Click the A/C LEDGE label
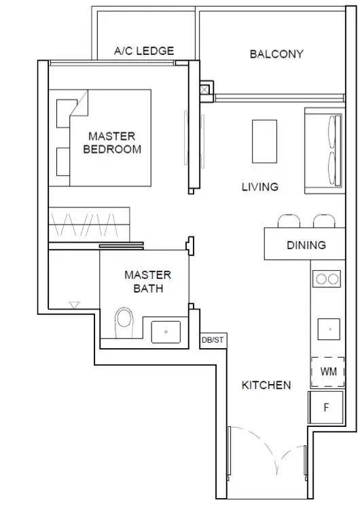(x=144, y=51)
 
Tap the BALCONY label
(x=276, y=54)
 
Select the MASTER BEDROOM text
(x=112, y=143)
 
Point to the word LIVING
(x=260, y=187)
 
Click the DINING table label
(x=306, y=245)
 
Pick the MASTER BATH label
(x=148, y=282)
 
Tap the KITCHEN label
(x=266, y=385)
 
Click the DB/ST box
(x=213, y=341)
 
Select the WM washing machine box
(x=327, y=372)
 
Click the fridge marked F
(x=326, y=407)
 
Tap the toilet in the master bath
(x=125, y=322)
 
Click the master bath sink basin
(x=166, y=332)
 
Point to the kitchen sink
(x=329, y=329)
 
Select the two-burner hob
(x=327, y=279)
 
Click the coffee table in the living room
(x=264, y=141)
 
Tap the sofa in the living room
(x=324, y=151)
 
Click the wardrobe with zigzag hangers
(x=89, y=225)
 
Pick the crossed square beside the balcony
(x=205, y=90)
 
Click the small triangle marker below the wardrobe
(x=75, y=305)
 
